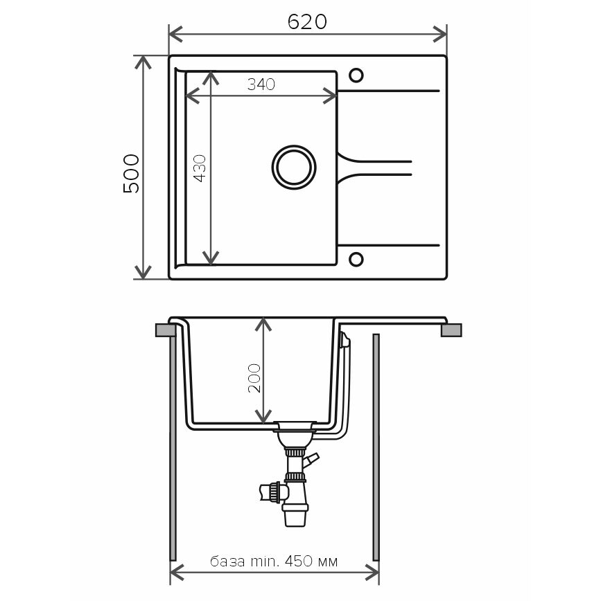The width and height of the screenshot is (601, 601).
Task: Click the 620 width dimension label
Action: pyautogui.click(x=307, y=22)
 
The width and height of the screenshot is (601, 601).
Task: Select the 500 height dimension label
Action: pyautogui.click(x=131, y=174)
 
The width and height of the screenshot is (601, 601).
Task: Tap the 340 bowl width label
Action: pyautogui.click(x=261, y=84)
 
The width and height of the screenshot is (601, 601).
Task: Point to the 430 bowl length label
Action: pyautogui.click(x=200, y=168)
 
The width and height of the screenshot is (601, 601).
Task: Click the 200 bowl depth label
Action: pyautogui.click(x=254, y=378)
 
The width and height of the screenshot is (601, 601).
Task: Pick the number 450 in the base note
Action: pyautogui.click(x=298, y=561)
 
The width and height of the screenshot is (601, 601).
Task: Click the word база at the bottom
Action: pyautogui.click(x=227, y=562)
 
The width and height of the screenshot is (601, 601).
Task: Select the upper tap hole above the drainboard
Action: pyautogui.click(x=356, y=75)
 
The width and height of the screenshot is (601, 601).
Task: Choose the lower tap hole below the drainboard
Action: pyautogui.click(x=356, y=259)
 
